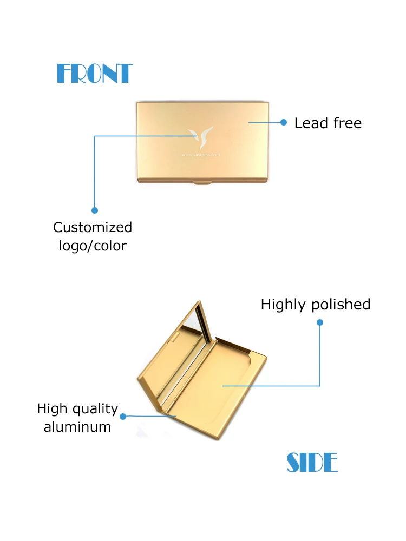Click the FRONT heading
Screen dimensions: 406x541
click(94, 74)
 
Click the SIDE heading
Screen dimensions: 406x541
click(312, 463)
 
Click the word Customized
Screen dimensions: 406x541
click(93, 227)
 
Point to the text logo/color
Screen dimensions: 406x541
click(93, 246)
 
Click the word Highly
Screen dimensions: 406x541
click(281, 305)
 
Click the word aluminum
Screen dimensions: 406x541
click(77, 427)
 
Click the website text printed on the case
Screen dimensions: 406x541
click(201, 154)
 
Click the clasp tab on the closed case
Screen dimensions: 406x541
click(202, 184)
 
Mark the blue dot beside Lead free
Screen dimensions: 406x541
click(283, 123)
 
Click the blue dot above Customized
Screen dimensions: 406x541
click(95, 210)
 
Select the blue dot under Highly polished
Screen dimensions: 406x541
click(319, 322)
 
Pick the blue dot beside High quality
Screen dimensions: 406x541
click(123, 417)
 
